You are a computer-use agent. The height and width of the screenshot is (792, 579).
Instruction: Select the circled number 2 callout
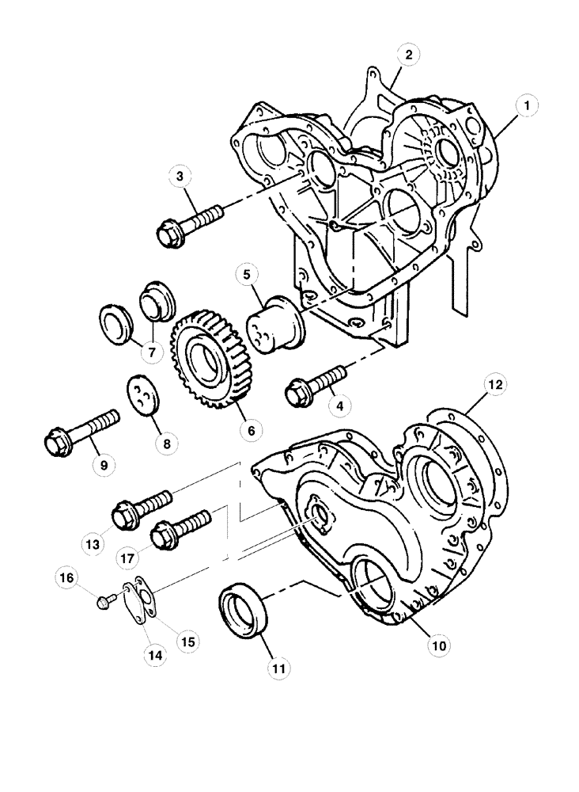pos(407,55)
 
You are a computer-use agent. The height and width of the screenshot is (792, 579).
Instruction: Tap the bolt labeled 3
pos(190,223)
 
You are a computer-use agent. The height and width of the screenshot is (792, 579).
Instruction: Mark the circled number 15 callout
pos(188,639)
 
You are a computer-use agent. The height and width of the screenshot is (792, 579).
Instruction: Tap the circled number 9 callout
pos(103,466)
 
